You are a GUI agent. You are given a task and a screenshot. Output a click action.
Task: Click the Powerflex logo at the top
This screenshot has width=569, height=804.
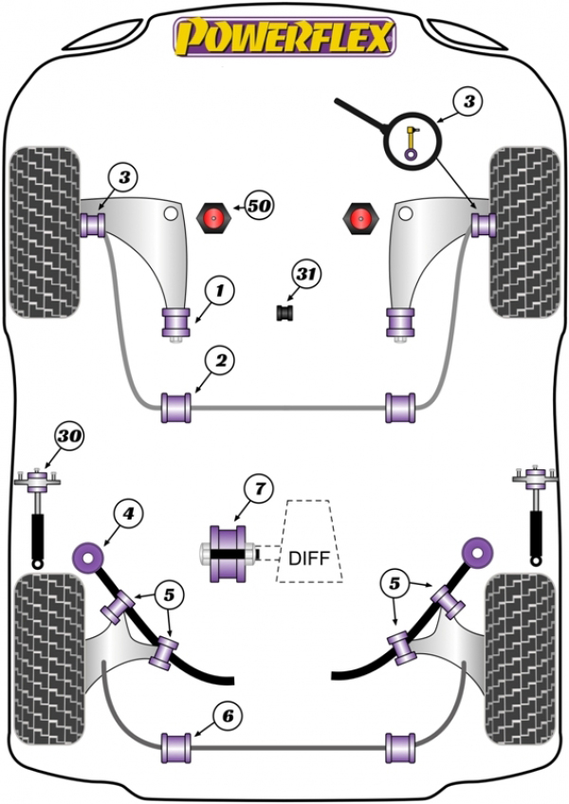(x=284, y=36)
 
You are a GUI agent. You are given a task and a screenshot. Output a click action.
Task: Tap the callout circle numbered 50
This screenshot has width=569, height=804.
(x=259, y=206)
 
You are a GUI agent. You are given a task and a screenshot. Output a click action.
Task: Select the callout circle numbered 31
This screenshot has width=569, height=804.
(x=306, y=274)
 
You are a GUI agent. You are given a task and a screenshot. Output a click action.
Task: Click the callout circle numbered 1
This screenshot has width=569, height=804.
(x=220, y=291)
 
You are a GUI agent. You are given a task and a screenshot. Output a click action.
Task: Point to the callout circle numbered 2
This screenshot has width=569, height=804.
(x=221, y=361)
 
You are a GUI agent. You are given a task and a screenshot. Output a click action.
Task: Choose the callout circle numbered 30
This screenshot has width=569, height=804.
(x=70, y=436)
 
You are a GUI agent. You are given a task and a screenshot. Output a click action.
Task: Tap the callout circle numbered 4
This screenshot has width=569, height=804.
(x=128, y=513)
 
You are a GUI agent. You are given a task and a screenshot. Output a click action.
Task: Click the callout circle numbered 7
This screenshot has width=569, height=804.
(x=259, y=488)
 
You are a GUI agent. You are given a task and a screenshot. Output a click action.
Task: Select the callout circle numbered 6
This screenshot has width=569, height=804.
(x=228, y=715)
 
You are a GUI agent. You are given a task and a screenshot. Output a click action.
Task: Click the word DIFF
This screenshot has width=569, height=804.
(x=308, y=557)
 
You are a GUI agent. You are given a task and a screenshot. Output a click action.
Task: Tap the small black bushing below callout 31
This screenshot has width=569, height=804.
(x=284, y=312)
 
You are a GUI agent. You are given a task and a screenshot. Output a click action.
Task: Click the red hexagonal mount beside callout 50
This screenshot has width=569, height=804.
(x=214, y=218)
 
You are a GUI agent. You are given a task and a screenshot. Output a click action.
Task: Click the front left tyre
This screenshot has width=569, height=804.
(x=46, y=231)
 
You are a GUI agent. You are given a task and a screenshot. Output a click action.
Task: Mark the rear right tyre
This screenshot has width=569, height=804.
(x=521, y=659)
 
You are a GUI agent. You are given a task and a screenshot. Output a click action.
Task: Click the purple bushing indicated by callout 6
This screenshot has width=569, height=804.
(x=176, y=748)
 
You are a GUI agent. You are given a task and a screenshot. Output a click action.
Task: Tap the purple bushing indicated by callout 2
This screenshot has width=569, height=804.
(x=176, y=408)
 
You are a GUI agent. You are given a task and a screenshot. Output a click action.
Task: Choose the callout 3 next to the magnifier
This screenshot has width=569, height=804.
(x=468, y=101)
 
